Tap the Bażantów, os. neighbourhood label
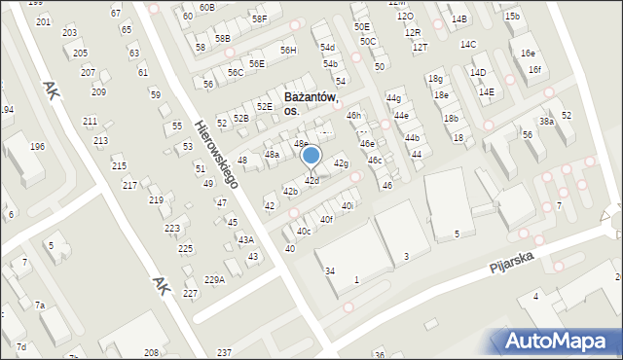[311, 104]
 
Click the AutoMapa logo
[560, 341]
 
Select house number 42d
[311, 181]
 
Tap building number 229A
[214, 279]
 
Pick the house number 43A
[246, 239]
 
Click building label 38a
[547, 121]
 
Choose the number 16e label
[528, 53]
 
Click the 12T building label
[420, 47]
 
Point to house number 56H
[288, 50]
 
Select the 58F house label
[259, 18]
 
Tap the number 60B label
[206, 7]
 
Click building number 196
[37, 147]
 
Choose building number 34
[330, 270]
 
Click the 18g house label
[435, 79]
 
